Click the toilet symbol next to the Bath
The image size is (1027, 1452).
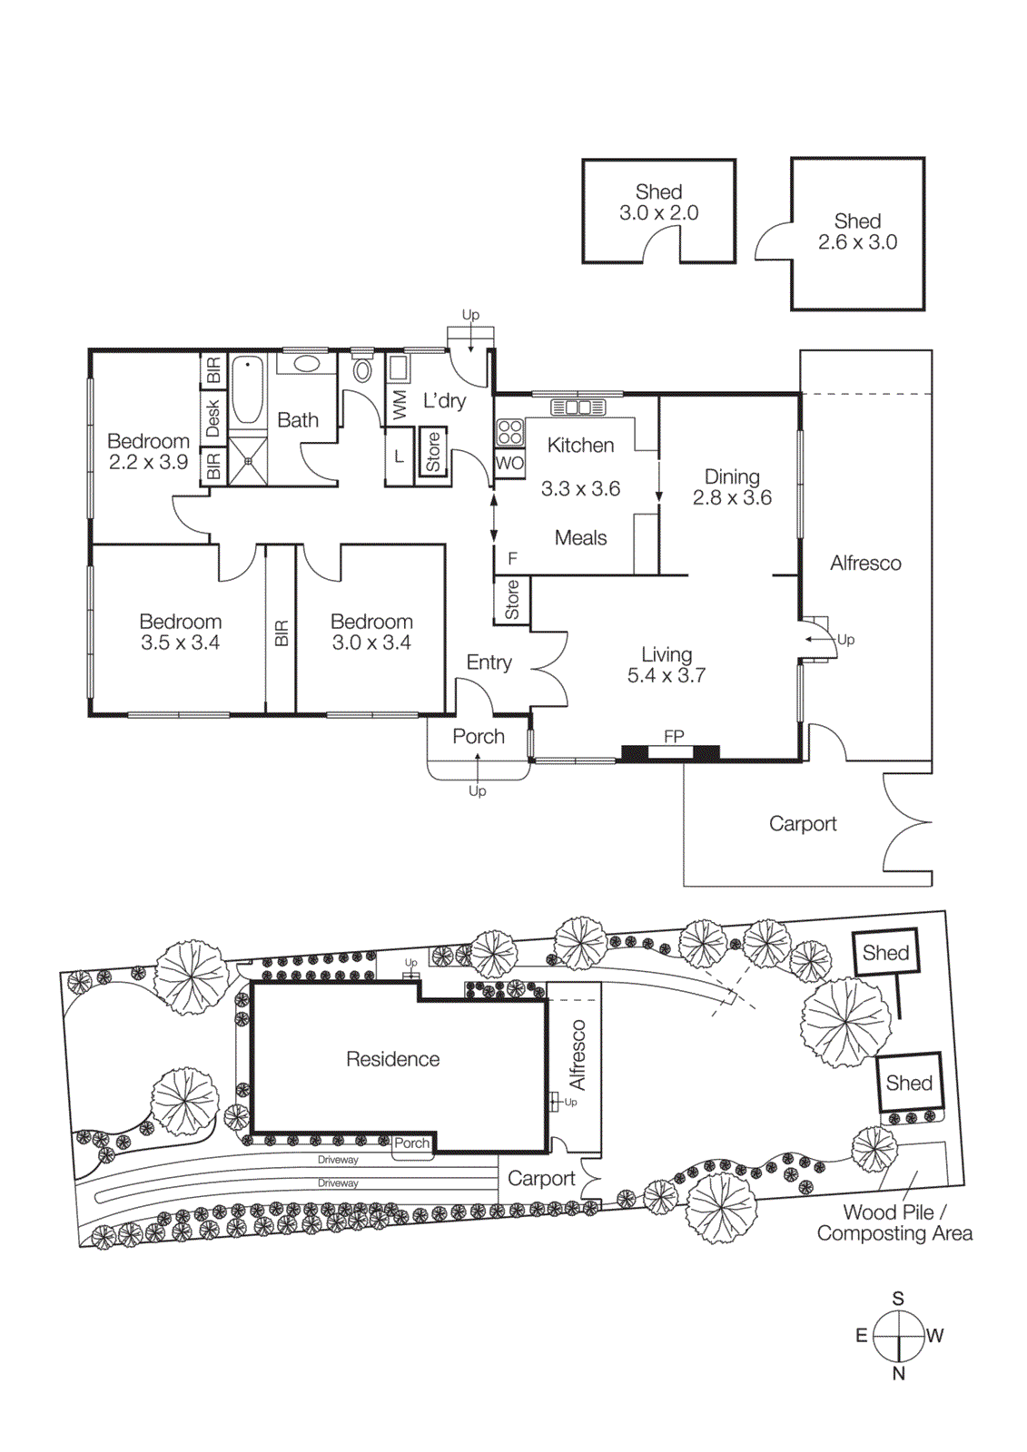point(362,370)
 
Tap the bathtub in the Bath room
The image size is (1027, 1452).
point(247,390)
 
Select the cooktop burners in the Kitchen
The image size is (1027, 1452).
point(509,432)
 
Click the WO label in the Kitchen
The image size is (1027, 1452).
point(509,463)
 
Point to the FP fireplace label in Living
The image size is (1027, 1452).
point(673,736)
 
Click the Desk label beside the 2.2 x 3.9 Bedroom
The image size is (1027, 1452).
point(212,418)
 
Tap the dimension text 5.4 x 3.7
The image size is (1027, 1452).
point(666,676)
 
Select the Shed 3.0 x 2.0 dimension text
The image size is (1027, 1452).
point(658,213)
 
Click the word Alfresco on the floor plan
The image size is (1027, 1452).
point(864,564)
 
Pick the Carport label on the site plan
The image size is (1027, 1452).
point(541,1179)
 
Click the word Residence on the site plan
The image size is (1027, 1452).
point(392,1059)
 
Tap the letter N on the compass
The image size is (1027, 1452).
point(898,1374)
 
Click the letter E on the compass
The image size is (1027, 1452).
point(861,1336)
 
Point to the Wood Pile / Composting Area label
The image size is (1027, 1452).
point(894,1223)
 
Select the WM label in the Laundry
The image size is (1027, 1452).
point(400,405)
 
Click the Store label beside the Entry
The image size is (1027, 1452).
point(512,601)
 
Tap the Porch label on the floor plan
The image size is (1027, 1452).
point(478,737)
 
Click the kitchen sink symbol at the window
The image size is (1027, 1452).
point(578,407)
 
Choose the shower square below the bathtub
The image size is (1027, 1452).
point(247,461)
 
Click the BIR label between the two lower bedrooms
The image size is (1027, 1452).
point(281,633)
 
